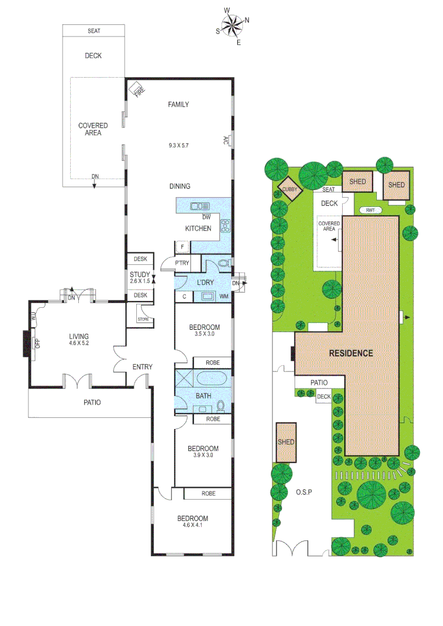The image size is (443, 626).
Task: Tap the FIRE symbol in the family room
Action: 137,89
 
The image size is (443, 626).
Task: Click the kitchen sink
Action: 201,205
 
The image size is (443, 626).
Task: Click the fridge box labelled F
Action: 183,248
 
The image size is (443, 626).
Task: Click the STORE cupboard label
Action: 142,318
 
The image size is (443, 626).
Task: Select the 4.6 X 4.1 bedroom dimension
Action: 193,526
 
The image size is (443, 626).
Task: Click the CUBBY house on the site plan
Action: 289,189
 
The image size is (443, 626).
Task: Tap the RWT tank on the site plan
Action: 371,210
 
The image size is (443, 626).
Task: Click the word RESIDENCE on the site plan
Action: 351,352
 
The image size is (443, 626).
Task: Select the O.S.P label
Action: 303,492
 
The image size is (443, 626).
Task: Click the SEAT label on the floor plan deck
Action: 93,31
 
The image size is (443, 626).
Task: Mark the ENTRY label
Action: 142,366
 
